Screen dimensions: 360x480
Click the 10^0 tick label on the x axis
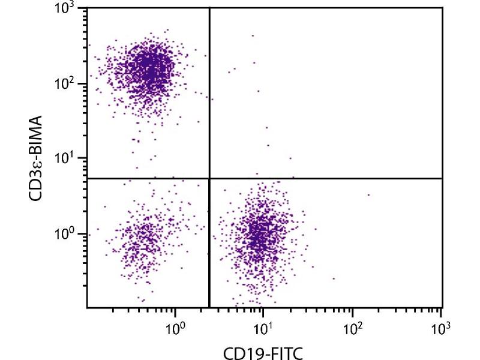175,328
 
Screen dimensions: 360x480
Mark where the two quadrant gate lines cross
209,178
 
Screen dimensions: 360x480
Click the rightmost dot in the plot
368,194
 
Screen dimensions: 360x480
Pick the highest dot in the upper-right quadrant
253,35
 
